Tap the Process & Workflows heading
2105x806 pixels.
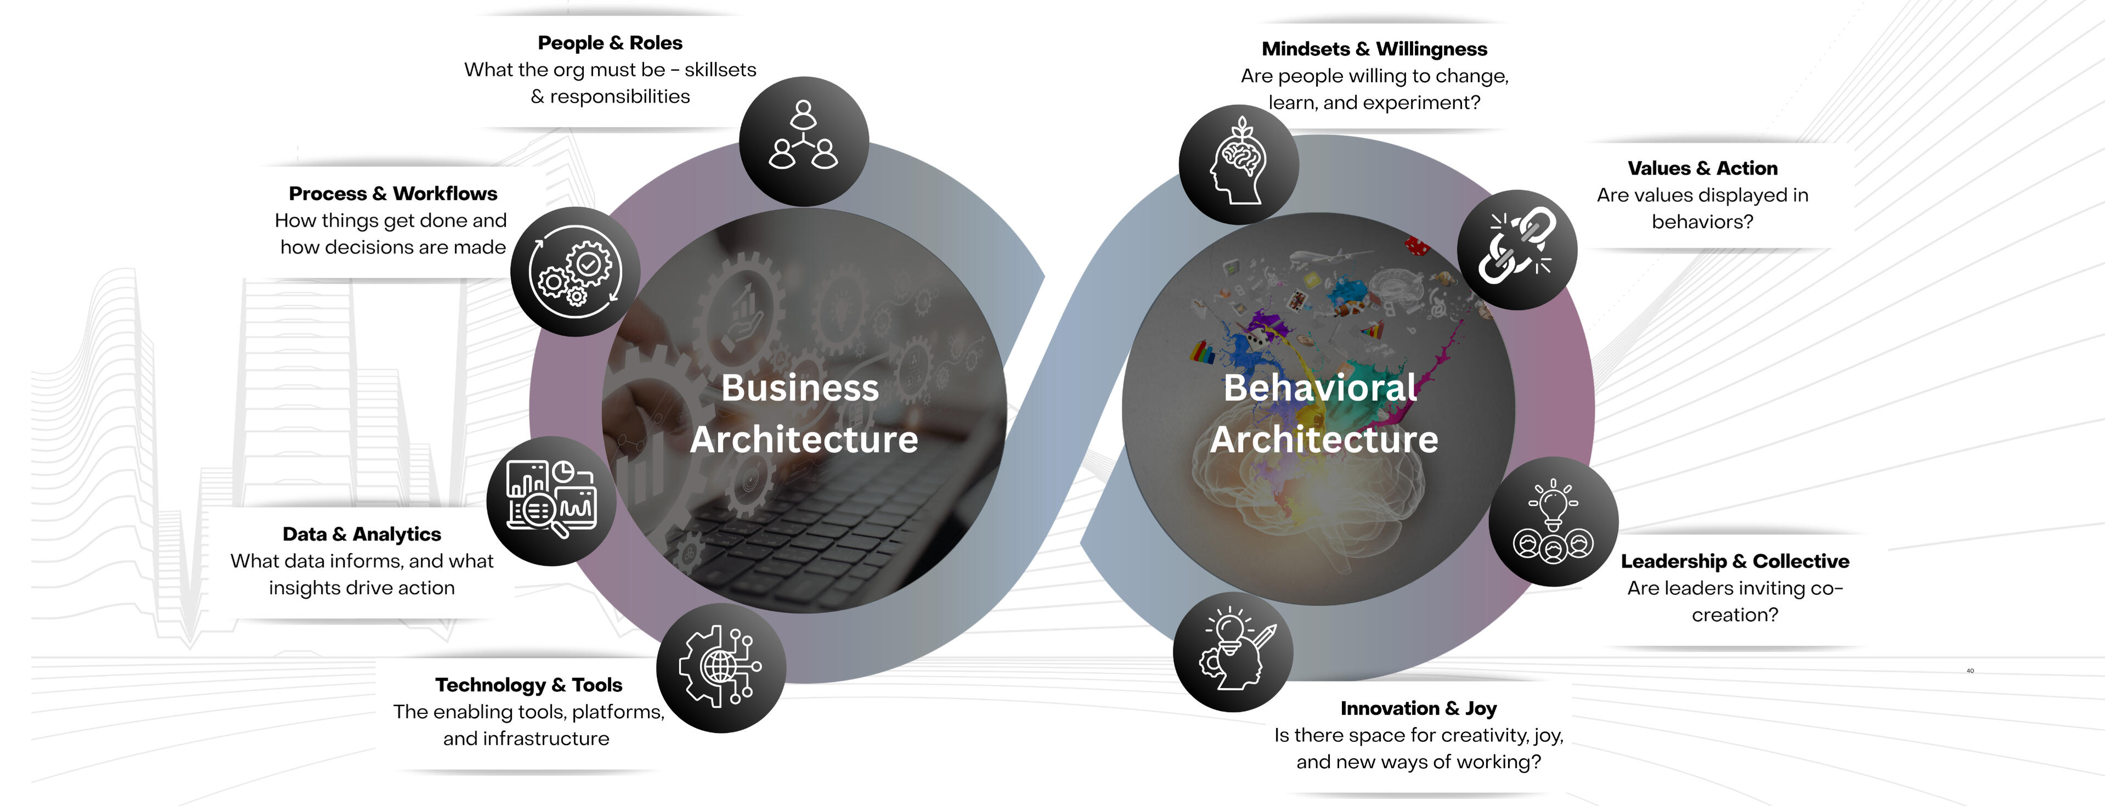tap(393, 194)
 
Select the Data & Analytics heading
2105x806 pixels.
tap(362, 534)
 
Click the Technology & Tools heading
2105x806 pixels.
tap(529, 685)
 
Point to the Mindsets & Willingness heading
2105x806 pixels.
tap(1374, 49)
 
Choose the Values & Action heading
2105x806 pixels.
tap(1702, 168)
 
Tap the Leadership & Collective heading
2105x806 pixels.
tap(1735, 562)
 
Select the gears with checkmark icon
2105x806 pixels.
tap(575, 272)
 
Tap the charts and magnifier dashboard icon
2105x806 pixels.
tap(551, 501)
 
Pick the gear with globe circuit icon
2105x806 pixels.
tap(721, 668)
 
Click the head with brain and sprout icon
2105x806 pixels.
tap(1239, 164)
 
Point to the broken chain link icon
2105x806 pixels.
tap(1517, 249)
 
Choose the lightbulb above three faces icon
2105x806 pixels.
tap(1554, 522)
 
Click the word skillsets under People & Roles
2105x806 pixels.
tap(721, 70)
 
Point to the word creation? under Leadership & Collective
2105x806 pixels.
tap(1735, 615)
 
